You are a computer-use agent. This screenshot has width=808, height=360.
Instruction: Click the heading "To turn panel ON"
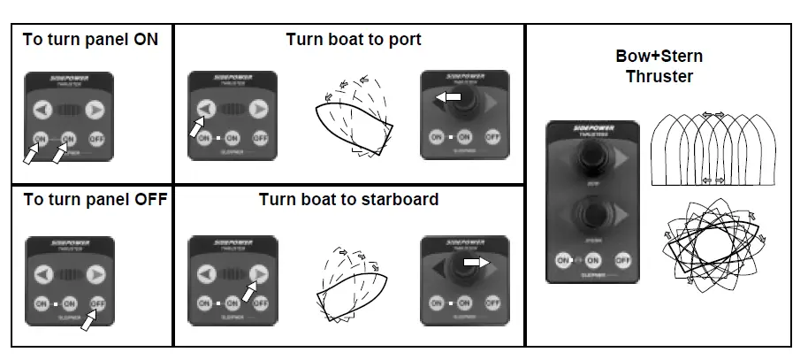click(x=90, y=40)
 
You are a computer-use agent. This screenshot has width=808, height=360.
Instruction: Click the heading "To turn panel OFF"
click(x=94, y=199)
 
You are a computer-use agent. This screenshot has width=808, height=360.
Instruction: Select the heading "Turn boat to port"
click(x=353, y=40)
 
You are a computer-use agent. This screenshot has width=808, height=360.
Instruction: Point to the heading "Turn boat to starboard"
click(x=348, y=199)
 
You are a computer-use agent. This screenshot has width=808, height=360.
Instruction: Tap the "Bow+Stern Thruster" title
click(x=659, y=66)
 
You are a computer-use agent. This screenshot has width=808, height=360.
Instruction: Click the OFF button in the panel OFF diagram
click(x=97, y=303)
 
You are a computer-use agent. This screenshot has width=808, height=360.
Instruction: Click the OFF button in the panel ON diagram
click(x=97, y=139)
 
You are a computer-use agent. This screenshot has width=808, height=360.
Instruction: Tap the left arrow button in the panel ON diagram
click(x=41, y=110)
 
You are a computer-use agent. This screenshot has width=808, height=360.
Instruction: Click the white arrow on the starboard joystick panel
click(x=476, y=262)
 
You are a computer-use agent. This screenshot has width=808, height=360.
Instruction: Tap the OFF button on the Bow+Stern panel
click(x=622, y=260)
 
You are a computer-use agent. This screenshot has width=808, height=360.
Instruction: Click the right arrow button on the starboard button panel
click(x=258, y=273)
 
